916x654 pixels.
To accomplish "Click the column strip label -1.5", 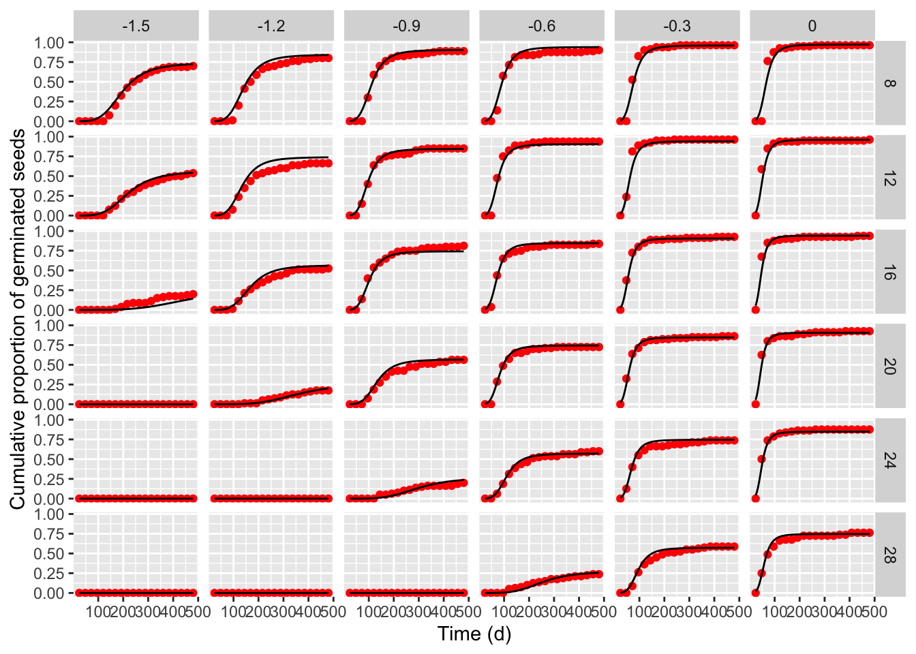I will click(136, 26).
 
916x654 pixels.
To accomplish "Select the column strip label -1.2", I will click(271, 26).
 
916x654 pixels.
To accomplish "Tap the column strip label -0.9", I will click(406, 26).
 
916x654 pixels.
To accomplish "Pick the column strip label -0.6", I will click(542, 26).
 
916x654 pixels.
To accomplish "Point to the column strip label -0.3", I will click(677, 26).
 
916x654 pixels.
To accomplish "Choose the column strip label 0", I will click(812, 26).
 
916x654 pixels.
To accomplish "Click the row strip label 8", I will click(889, 83).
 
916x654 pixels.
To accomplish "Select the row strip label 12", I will click(889, 178).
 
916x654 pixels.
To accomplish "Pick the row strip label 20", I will click(889, 367).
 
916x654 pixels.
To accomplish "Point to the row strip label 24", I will click(889, 461).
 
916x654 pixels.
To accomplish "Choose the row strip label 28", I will click(889, 555).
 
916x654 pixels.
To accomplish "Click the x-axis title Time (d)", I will click(474, 634).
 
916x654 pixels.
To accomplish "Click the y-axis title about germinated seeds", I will click(18, 319).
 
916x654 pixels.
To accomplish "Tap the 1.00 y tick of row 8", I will click(49, 43).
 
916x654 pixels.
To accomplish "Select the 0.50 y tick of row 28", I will click(49, 554).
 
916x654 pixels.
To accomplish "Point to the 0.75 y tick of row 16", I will click(49, 251).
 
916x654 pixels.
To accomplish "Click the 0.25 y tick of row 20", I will click(49, 385).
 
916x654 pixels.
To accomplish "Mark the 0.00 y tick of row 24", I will click(49, 499).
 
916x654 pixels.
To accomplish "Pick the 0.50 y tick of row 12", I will click(49, 176).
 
